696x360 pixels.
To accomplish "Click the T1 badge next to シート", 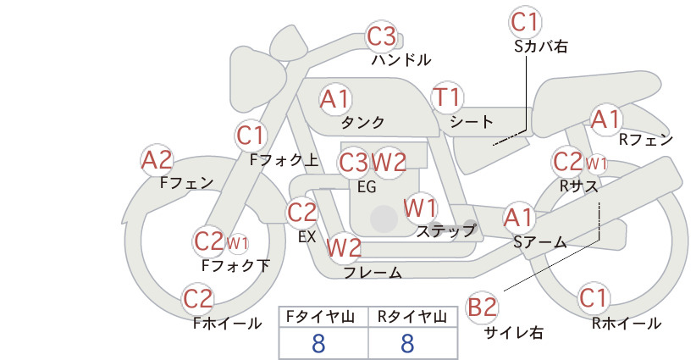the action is point(447,97).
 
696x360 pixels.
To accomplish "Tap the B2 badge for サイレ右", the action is point(482,307).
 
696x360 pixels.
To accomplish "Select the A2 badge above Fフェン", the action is point(157,160).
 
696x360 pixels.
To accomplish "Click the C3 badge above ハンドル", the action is point(382,36).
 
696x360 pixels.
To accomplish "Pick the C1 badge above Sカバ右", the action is point(525,22).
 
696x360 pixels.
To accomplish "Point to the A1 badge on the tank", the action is point(335,99).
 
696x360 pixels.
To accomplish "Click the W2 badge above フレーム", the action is point(344,247).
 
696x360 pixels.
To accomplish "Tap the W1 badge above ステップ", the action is point(420,208).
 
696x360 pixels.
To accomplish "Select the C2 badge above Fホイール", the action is point(198,299).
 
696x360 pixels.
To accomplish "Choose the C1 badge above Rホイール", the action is point(594,298).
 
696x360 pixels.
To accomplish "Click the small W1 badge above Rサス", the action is point(596,163).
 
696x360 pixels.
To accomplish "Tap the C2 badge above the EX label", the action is point(301,212).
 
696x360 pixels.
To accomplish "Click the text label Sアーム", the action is point(540,242).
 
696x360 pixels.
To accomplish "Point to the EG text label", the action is point(367,187).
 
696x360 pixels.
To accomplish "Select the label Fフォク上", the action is point(284,160).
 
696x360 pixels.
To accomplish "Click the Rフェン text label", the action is point(646,140).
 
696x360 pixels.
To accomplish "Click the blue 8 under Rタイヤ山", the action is point(407,343).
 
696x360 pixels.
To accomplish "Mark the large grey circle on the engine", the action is point(384,219).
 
